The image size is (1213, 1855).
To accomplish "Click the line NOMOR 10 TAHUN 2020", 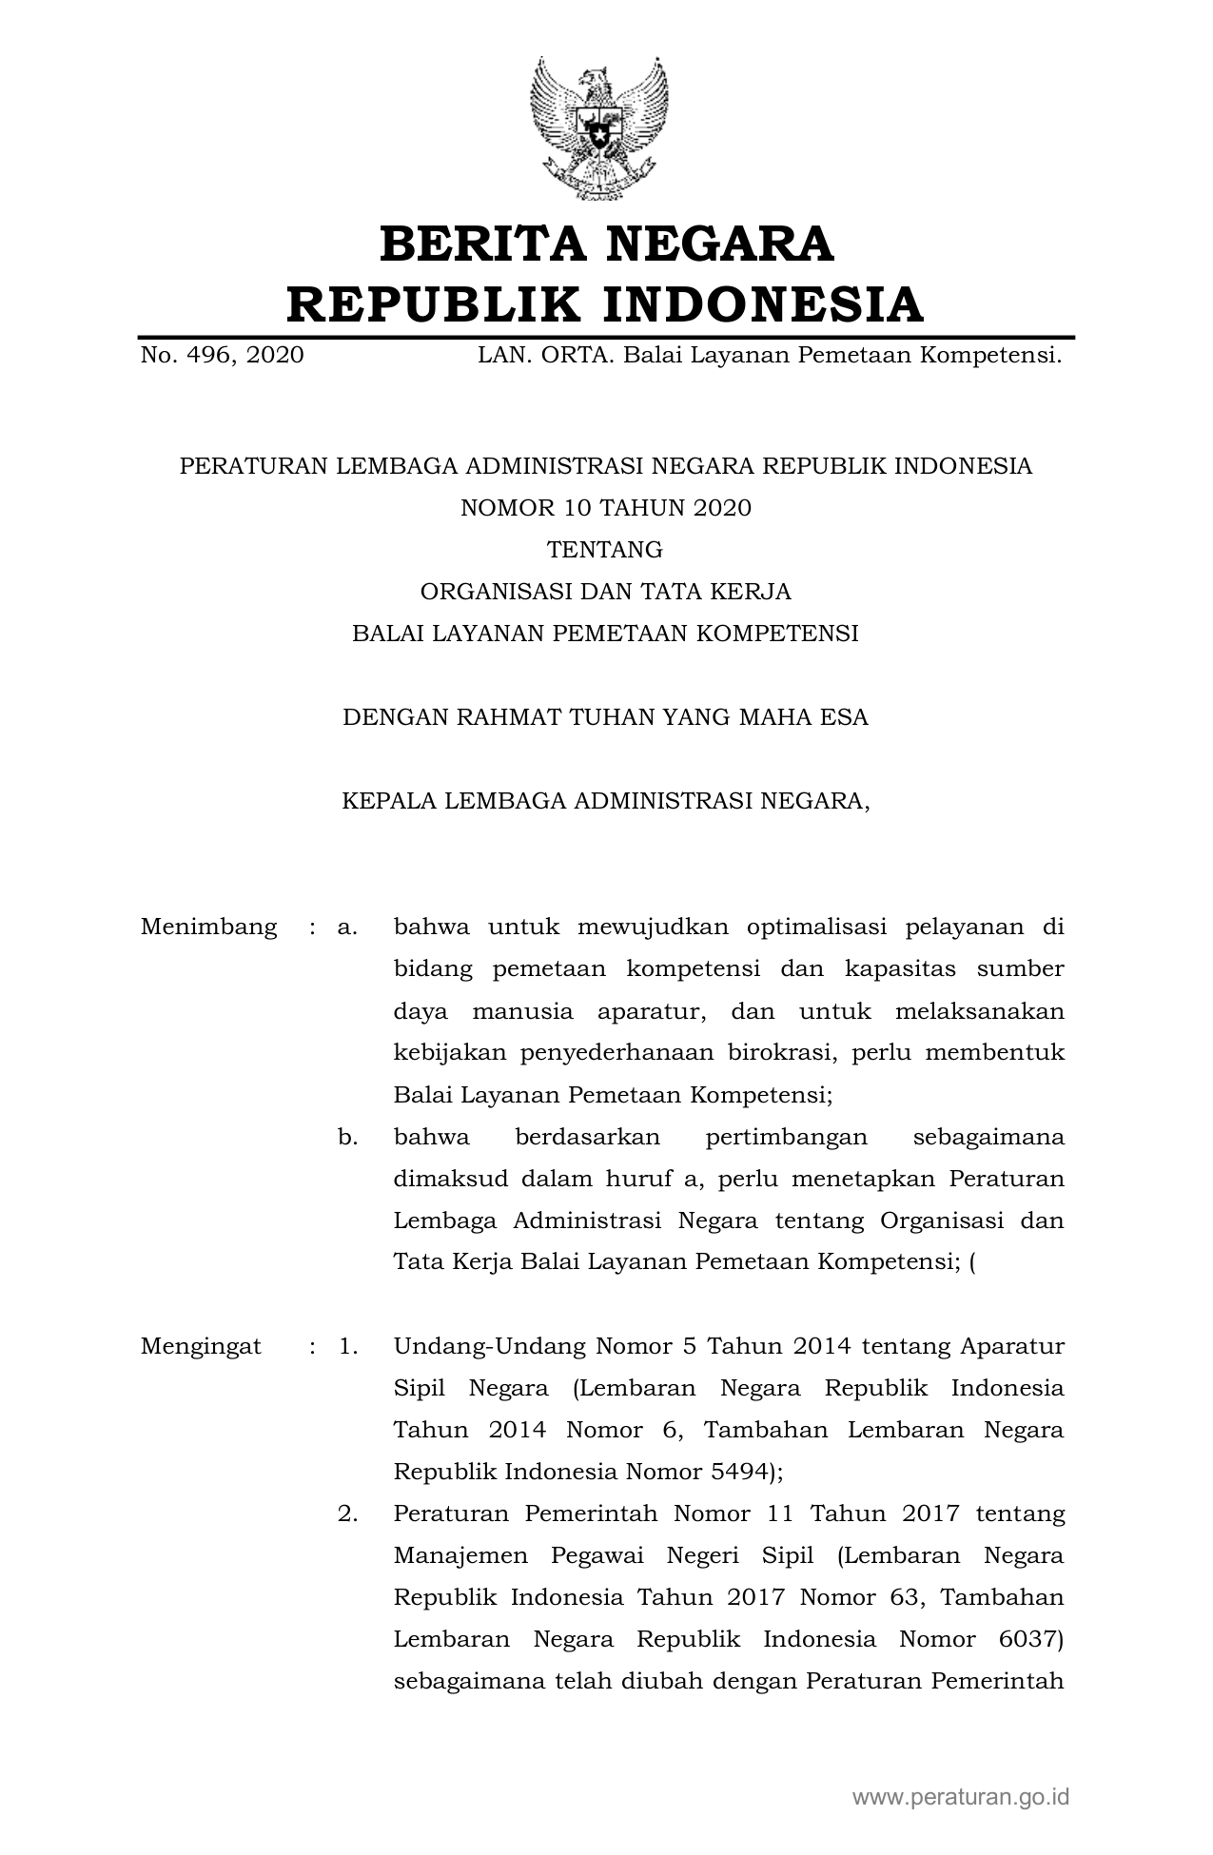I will [606, 508].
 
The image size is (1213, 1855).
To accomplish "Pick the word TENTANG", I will [605, 550].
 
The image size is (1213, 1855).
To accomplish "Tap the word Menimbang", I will [208, 927].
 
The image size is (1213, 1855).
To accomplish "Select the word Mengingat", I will [201, 1346].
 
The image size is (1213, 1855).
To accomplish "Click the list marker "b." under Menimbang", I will [347, 1137].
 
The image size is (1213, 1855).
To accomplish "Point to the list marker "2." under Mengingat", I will [347, 1513].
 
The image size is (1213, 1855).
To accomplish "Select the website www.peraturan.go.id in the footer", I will [961, 1797].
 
